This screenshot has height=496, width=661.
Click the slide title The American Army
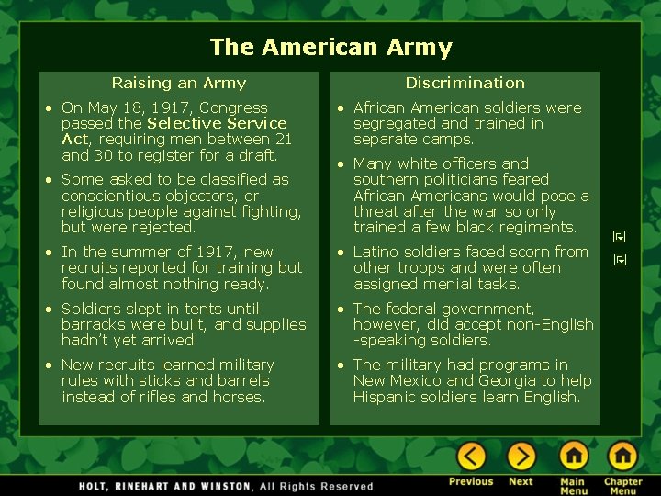(x=330, y=48)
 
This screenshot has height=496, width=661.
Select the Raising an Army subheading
(x=179, y=83)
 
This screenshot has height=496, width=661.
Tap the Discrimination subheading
(x=465, y=83)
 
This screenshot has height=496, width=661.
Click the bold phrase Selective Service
(x=217, y=123)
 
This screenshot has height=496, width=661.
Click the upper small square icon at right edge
(x=620, y=236)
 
